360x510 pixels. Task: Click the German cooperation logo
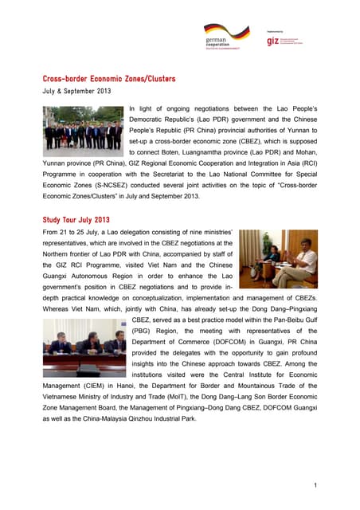tap(225, 37)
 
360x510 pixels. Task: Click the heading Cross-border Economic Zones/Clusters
tap(108, 79)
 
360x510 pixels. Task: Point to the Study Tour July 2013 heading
tap(76, 219)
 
